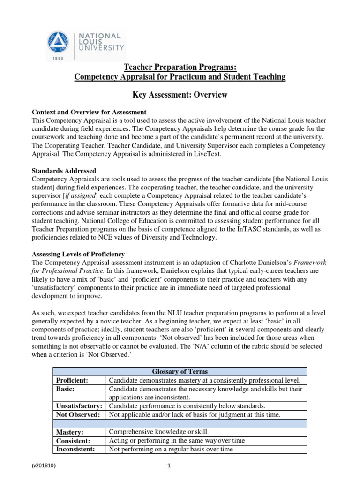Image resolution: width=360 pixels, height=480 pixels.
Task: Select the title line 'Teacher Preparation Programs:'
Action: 180,67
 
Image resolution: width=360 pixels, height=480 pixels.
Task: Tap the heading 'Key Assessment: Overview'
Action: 180,95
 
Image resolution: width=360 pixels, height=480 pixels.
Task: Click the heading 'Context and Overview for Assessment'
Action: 89,112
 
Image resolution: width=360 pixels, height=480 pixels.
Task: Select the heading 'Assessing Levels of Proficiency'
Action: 78,254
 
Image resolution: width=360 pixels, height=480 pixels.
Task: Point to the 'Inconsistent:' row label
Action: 75,449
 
